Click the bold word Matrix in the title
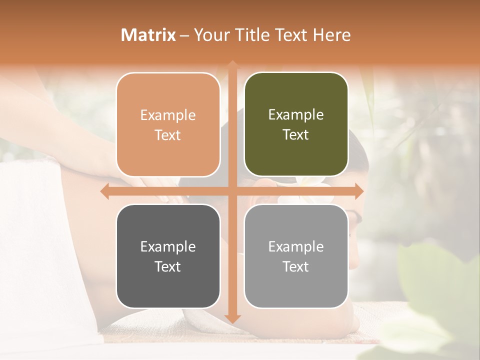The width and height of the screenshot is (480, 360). (x=148, y=35)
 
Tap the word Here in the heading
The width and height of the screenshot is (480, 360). (x=331, y=35)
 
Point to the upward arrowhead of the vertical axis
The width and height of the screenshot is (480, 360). (x=232, y=65)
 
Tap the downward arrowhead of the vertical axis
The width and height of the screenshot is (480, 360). (x=232, y=318)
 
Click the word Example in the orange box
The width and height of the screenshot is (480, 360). (x=168, y=115)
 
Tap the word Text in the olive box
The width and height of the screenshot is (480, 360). (x=296, y=135)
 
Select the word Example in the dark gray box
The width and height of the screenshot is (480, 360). (x=168, y=246)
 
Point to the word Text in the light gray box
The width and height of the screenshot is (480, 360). (x=296, y=267)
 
